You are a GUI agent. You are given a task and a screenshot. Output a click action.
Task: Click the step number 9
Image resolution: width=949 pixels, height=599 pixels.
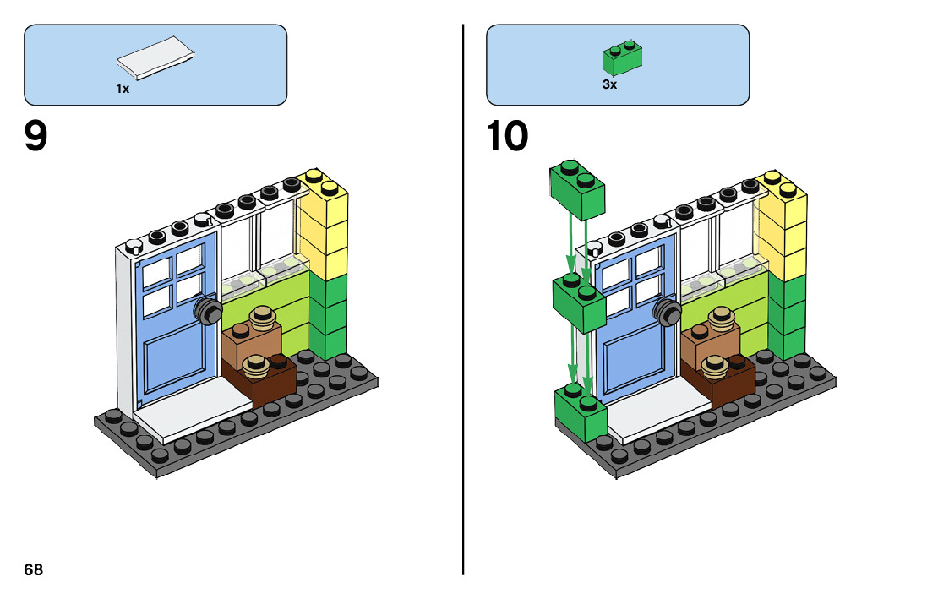[35, 138]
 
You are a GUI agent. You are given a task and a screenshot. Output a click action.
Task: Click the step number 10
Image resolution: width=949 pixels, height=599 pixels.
[507, 138]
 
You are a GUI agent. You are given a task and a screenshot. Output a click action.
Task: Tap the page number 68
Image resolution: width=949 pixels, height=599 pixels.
[33, 569]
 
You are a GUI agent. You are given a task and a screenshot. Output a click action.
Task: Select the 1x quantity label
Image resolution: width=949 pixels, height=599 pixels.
[123, 89]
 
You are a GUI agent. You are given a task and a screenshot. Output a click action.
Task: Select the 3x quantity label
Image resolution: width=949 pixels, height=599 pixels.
[609, 85]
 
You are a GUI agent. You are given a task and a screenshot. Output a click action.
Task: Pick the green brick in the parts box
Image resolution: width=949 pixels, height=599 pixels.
[622, 57]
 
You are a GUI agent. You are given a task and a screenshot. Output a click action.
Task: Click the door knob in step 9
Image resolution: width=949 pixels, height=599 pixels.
[206, 310]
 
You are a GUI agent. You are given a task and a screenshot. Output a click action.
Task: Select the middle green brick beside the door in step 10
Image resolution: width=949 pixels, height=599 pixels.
[578, 302]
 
